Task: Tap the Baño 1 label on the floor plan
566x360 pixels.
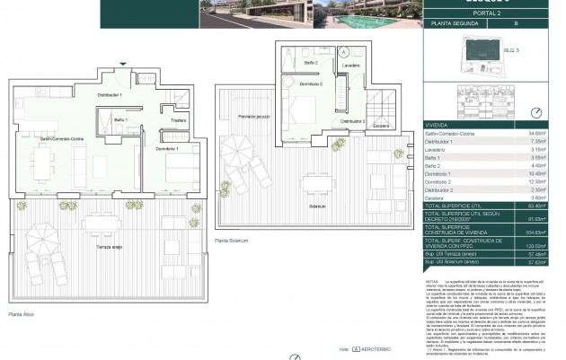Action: tap(120, 119)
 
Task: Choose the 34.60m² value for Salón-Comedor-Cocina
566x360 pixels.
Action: tap(538, 132)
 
